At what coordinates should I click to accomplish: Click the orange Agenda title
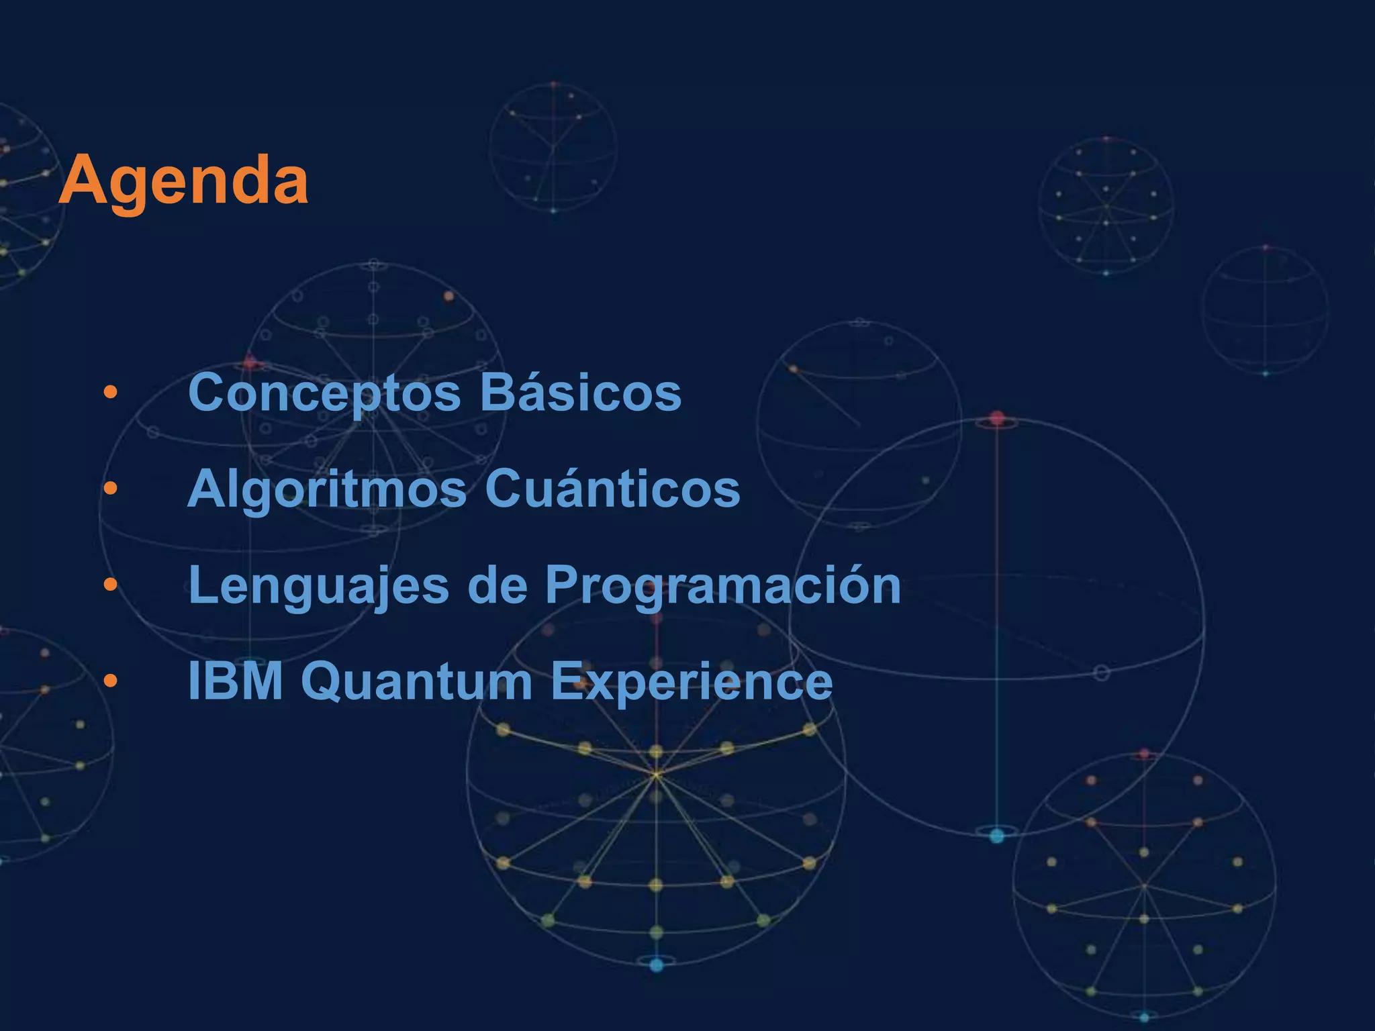click(x=183, y=180)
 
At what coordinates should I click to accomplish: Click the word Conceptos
click(x=324, y=393)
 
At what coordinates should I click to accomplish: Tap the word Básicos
click(x=581, y=393)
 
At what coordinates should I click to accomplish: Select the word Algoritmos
click(x=327, y=489)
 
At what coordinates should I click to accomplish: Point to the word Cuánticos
click(x=612, y=489)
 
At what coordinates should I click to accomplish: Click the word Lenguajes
click(x=319, y=585)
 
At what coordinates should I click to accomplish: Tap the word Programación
click(x=722, y=585)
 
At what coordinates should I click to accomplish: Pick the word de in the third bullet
click(x=497, y=585)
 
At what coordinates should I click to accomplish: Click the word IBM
click(x=236, y=681)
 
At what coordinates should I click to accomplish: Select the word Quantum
click(x=421, y=681)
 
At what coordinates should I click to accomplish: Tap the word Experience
click(x=692, y=681)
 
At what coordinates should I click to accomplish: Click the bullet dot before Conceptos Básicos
click(x=111, y=392)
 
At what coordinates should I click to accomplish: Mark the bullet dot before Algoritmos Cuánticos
click(x=111, y=489)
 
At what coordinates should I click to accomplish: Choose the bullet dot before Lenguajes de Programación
click(x=111, y=585)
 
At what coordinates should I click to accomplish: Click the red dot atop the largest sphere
click(x=997, y=419)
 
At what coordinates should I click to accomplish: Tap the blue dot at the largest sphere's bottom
click(x=997, y=836)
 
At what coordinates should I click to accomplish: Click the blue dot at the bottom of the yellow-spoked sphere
click(x=657, y=965)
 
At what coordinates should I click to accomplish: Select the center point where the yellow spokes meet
click(x=656, y=775)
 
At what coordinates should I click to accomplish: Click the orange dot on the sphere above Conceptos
click(x=448, y=296)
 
